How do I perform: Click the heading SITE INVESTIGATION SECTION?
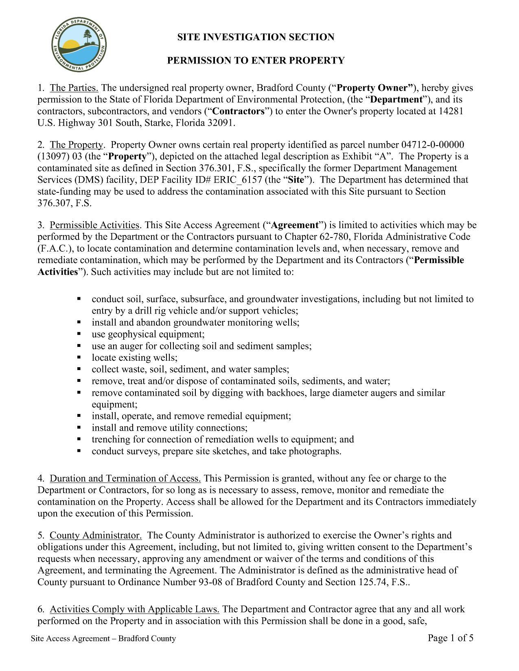256,37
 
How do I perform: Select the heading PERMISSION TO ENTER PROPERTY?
256,61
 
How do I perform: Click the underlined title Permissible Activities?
95,225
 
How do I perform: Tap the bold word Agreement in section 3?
295,225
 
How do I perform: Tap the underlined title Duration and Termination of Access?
125,478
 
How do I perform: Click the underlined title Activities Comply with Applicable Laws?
135,609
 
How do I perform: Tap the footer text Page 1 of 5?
451,638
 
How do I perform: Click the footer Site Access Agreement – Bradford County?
104,638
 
